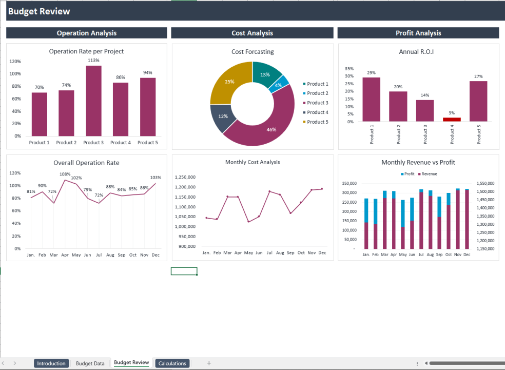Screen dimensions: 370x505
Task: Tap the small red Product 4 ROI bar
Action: coord(452,119)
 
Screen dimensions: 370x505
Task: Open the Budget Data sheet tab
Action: coord(90,363)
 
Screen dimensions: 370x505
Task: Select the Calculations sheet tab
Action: coord(172,363)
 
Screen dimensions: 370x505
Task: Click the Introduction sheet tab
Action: coord(51,363)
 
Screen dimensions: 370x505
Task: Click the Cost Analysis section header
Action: coord(252,33)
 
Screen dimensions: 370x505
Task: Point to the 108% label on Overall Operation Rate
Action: coord(65,174)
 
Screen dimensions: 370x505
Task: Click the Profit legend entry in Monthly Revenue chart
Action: coord(407,174)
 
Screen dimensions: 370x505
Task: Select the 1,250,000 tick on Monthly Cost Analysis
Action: coord(185,177)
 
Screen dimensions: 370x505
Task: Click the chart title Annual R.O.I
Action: coord(416,51)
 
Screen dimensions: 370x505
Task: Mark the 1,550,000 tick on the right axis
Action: coord(485,183)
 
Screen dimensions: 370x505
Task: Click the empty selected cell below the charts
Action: coord(184,271)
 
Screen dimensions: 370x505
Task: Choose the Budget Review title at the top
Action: coord(39,11)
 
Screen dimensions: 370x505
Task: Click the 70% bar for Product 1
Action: coord(39,113)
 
